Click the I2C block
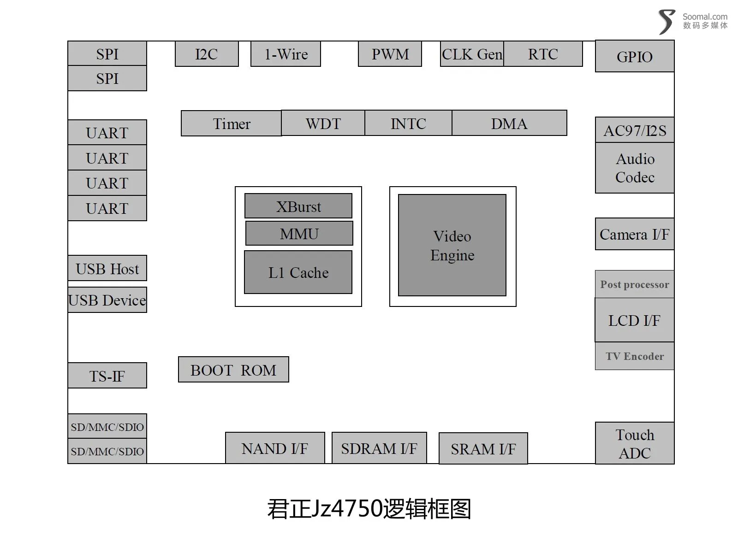pyautogui.click(x=207, y=54)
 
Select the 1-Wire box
pyautogui.click(x=286, y=54)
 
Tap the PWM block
pyautogui.click(x=390, y=54)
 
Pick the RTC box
pyautogui.click(x=543, y=54)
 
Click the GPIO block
pyautogui.click(x=634, y=56)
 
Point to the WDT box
pyautogui.click(x=323, y=123)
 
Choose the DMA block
pyautogui.click(x=509, y=123)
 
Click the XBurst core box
pyautogui.click(x=298, y=206)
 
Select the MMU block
pyautogui.click(x=299, y=233)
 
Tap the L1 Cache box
pyautogui.click(x=298, y=272)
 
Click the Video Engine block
pyautogui.click(x=452, y=245)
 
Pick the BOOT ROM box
pyautogui.click(x=233, y=369)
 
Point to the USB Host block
pyautogui.click(x=107, y=268)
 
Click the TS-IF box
pyautogui.click(x=107, y=376)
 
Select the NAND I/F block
pyautogui.click(x=275, y=448)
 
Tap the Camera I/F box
pyautogui.click(x=634, y=234)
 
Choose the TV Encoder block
pyautogui.click(x=634, y=356)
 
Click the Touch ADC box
pyautogui.click(x=634, y=443)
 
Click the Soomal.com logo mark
pyautogui.click(x=667, y=22)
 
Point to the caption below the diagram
pyautogui.click(x=369, y=508)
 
